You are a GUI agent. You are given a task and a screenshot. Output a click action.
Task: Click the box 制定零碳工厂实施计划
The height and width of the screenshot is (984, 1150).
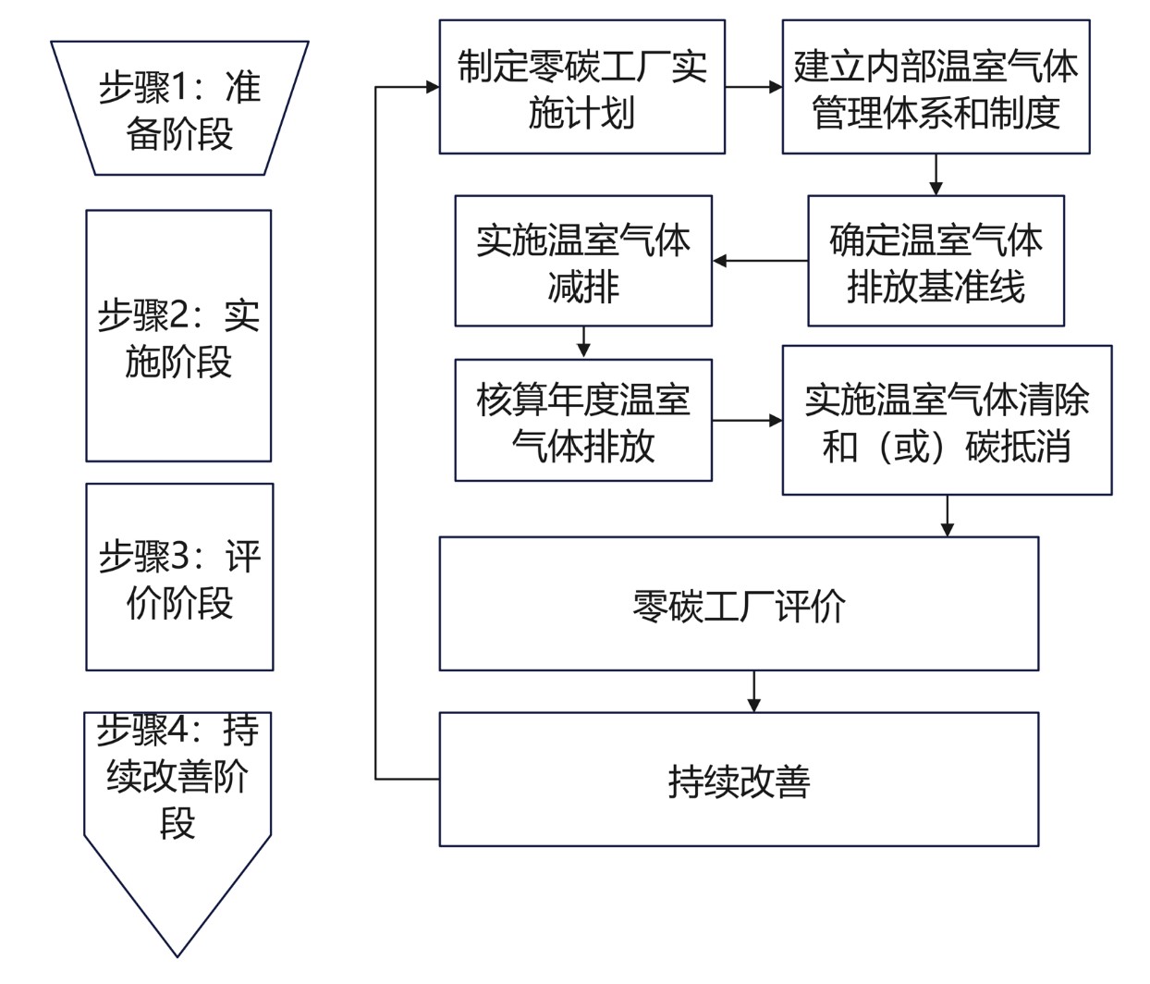(x=581, y=87)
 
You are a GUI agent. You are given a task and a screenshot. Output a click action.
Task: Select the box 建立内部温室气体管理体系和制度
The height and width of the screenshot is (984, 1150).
(x=936, y=87)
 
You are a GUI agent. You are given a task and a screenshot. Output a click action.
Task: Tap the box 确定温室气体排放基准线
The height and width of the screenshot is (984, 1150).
(x=936, y=261)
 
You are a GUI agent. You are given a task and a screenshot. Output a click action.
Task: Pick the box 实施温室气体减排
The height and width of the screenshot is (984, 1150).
(x=583, y=261)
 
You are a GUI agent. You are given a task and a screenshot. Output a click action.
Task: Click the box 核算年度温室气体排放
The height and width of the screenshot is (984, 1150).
(x=583, y=421)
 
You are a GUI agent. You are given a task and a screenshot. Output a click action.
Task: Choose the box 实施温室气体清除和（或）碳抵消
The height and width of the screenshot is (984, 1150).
(x=947, y=421)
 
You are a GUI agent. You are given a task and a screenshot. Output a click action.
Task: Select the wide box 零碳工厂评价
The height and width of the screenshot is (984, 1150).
(x=739, y=604)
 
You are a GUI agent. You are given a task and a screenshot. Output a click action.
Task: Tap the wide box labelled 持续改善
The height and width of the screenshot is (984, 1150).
(x=739, y=779)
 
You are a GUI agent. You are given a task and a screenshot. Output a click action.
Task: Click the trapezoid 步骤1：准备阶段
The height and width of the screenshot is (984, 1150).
(x=179, y=108)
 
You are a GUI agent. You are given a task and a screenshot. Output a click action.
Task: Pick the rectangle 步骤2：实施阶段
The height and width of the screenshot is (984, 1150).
(x=178, y=336)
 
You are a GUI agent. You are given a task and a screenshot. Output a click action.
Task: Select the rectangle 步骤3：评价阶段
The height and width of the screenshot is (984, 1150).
(x=179, y=577)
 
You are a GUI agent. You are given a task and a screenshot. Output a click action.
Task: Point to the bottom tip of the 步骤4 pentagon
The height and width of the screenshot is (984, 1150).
(x=177, y=954)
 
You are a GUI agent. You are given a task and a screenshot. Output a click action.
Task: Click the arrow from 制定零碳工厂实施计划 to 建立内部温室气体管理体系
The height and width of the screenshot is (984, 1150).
(x=753, y=88)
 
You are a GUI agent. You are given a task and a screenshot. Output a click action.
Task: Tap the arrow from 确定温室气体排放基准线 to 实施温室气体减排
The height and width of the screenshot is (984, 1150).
(x=760, y=262)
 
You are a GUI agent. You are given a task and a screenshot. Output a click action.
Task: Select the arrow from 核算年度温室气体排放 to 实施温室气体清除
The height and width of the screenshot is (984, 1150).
(x=747, y=421)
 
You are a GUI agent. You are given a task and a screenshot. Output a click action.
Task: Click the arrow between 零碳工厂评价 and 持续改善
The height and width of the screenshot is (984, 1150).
(x=754, y=692)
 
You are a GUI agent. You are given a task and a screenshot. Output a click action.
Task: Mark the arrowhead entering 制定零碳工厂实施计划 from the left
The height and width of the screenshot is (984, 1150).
(x=432, y=88)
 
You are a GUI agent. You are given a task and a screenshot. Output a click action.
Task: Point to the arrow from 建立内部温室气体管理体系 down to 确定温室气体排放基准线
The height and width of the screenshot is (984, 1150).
(x=936, y=175)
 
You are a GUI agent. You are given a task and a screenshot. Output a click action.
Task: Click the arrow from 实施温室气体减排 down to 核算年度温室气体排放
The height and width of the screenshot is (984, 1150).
(x=583, y=342)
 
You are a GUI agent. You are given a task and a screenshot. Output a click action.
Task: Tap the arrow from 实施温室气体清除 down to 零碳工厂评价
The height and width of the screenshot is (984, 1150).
(x=947, y=516)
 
